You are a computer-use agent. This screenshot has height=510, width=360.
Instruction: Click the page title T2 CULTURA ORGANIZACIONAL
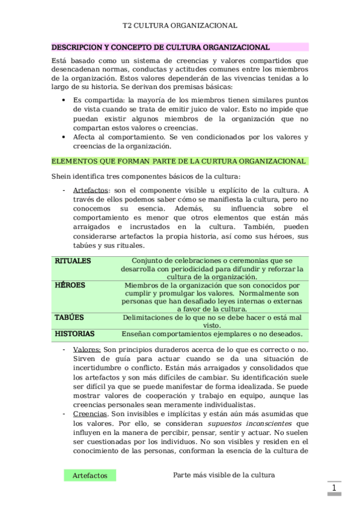(180, 26)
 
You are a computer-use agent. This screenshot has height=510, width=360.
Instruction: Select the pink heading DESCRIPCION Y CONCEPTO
(160, 47)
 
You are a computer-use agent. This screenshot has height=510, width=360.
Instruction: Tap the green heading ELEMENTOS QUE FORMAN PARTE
(178, 161)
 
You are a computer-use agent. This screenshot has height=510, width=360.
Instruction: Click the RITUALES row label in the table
(73, 261)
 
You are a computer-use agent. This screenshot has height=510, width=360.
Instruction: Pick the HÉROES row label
(70, 285)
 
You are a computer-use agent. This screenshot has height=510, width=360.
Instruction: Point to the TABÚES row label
(69, 317)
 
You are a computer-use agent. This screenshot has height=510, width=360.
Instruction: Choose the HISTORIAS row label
(75, 333)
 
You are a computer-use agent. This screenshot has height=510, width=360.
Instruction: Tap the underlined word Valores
(87, 349)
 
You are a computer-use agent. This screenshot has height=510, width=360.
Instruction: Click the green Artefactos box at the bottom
(90, 475)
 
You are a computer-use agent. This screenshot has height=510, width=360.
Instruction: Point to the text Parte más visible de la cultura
(224, 475)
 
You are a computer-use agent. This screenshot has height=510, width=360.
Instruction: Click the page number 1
(334, 487)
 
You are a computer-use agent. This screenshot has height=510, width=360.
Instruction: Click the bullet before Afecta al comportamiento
(64, 137)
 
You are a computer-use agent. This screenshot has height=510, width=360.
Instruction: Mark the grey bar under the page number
(334, 494)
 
